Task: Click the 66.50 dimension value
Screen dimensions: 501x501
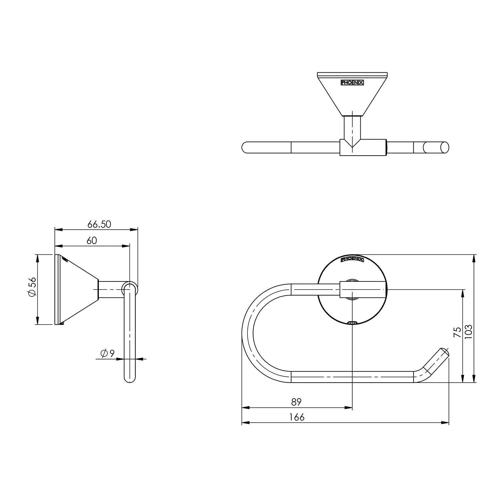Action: point(99,224)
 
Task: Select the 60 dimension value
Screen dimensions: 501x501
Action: point(92,241)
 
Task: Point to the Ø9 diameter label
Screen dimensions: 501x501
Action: point(108,353)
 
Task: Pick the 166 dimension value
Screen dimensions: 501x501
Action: point(296,417)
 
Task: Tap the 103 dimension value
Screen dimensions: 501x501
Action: point(468,331)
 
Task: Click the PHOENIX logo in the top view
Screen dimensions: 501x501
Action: point(352,83)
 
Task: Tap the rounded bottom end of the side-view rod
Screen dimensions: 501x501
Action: point(129,380)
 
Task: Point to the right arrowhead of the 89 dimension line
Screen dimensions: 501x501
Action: point(350,407)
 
